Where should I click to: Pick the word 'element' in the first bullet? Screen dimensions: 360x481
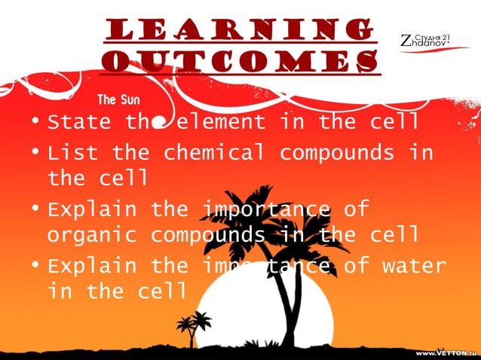(x=222, y=121)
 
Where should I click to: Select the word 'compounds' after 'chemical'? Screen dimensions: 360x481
(x=337, y=153)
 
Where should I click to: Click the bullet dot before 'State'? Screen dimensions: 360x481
(x=35, y=122)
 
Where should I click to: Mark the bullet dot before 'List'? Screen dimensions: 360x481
(x=35, y=154)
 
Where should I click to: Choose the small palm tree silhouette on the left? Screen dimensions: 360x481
(x=192, y=325)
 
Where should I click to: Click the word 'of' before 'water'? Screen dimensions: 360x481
(x=352, y=266)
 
